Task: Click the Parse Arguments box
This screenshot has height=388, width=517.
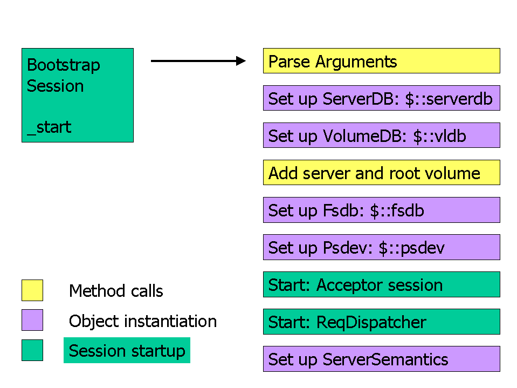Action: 382,60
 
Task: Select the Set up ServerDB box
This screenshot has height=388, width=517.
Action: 382,98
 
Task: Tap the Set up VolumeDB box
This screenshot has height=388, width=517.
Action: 382,135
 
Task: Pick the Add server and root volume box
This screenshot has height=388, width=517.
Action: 382,173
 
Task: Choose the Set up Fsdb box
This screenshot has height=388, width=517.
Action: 382,210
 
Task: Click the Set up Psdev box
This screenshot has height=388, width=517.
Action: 382,247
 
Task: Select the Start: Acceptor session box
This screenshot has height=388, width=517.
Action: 382,284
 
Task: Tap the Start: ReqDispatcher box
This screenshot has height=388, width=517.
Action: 382,322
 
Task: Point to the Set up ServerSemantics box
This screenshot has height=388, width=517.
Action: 382,359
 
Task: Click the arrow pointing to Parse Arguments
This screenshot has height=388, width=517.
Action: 198,61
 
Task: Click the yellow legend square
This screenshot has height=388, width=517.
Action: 32,290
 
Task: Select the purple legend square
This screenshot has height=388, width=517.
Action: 32,320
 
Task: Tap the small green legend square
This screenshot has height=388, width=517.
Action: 32,350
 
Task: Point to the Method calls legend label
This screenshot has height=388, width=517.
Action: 116,291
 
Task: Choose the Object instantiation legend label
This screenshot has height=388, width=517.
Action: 143,321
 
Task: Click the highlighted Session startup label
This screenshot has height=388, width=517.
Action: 127,350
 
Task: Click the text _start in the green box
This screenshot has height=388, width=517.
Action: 49,127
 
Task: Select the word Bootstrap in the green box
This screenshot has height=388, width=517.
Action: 63,65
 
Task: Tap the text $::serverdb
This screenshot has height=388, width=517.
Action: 449,99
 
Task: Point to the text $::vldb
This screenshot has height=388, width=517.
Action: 439,136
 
